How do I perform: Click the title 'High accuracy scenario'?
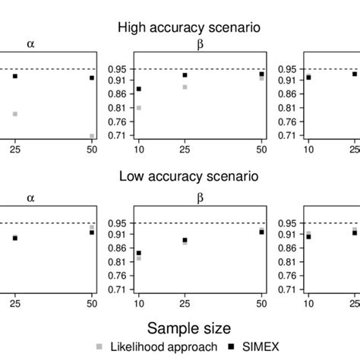[x=189, y=27]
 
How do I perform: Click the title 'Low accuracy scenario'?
[x=189, y=177]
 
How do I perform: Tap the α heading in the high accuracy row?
[x=31, y=44]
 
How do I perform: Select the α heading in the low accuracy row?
[x=31, y=197]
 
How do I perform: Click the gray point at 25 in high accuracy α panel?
[x=14, y=114]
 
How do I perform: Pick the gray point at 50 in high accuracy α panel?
[x=92, y=137]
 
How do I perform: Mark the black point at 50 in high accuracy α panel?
[x=92, y=77]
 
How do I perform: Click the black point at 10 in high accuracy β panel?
[x=138, y=89]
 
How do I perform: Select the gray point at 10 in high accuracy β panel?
[x=138, y=108]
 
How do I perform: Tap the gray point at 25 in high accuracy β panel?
[x=185, y=87]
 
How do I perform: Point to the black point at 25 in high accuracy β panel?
[x=185, y=75]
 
